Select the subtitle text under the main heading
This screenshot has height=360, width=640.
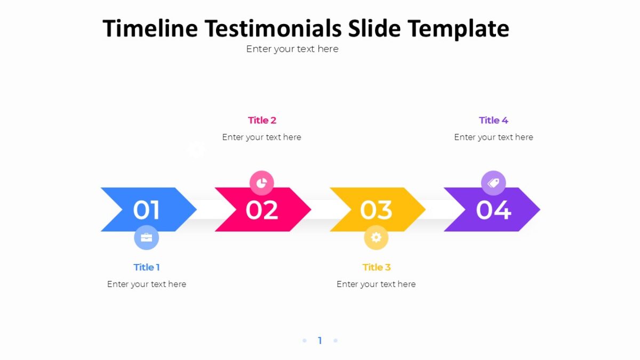click(292, 49)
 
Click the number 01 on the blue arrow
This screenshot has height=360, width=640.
click(147, 210)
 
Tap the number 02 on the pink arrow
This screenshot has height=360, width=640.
click(261, 210)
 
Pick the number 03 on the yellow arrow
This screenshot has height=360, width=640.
click(376, 210)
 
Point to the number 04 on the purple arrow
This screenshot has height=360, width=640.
click(493, 210)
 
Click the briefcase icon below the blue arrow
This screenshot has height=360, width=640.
click(146, 237)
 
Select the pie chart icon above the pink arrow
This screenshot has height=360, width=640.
click(261, 183)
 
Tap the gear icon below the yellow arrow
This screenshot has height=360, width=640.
click(376, 237)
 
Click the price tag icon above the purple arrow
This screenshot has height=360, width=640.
click(493, 183)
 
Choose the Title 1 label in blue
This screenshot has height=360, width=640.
click(147, 267)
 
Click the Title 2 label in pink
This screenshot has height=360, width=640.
click(262, 121)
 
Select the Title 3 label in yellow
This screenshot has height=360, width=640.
click(377, 267)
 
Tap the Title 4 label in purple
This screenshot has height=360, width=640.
click(493, 121)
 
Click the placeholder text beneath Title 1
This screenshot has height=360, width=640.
click(147, 284)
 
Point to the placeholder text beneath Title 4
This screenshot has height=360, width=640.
click(493, 138)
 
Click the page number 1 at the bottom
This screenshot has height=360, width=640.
click(320, 341)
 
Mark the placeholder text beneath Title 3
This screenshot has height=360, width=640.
click(376, 284)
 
